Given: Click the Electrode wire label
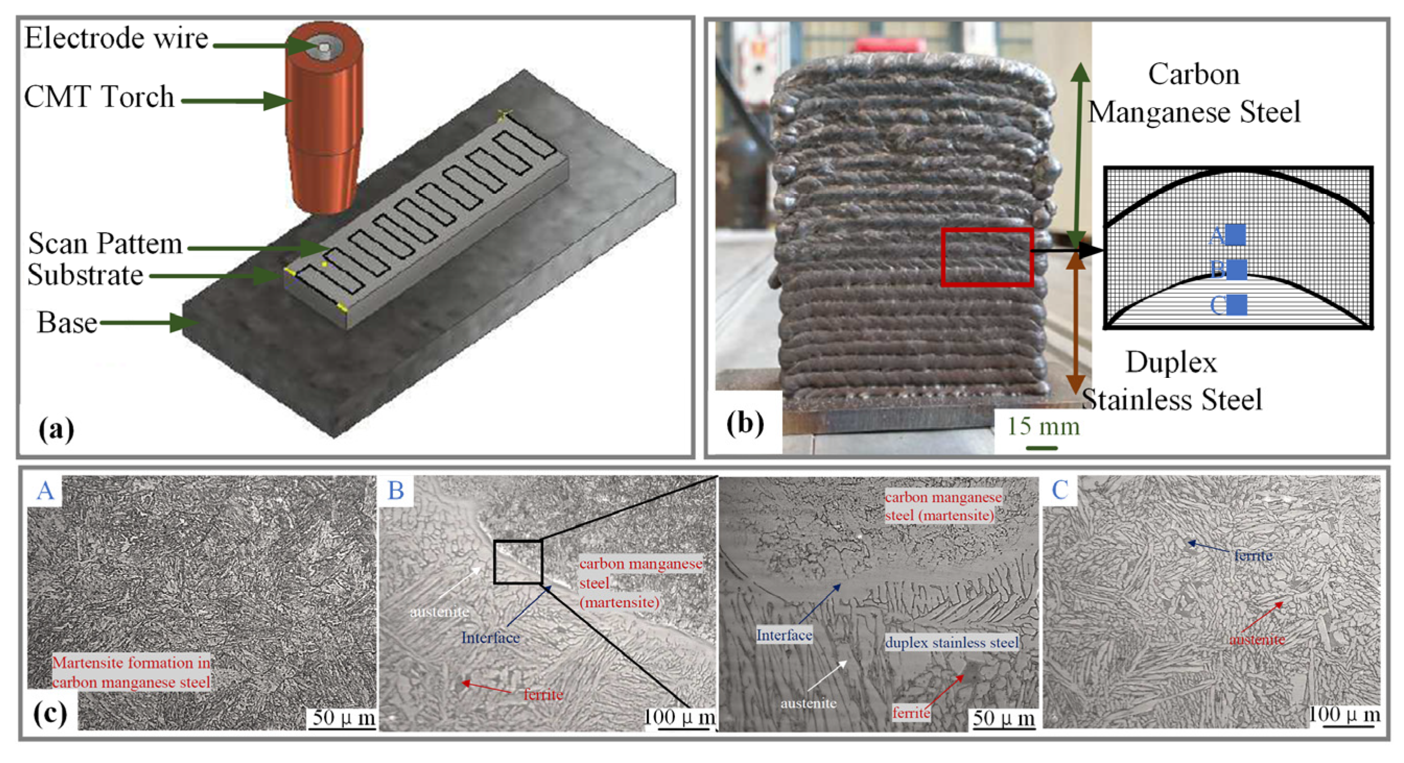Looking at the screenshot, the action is (x=116, y=39).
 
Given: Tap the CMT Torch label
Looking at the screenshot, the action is (x=99, y=97).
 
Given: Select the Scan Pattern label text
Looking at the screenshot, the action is (x=105, y=244).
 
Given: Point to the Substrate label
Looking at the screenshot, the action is (x=86, y=275).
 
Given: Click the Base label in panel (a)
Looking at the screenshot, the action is (x=67, y=323).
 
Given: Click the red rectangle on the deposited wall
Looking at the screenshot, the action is (x=987, y=257).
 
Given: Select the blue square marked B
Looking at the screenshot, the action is (x=1236, y=270).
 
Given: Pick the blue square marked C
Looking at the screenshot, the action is (x=1236, y=305).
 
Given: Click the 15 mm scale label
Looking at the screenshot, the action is (x=1043, y=427).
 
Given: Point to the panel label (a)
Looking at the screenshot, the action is (x=56, y=429).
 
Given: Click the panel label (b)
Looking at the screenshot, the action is (x=745, y=423).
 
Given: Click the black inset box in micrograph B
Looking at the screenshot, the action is (x=518, y=562).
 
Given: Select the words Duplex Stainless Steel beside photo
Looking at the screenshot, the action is (x=1172, y=380).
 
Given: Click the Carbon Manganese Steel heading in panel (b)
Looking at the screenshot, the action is (x=1194, y=93).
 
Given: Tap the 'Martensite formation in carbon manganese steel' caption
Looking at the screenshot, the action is (x=132, y=673).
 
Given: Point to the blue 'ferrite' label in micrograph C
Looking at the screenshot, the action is (x=1253, y=555).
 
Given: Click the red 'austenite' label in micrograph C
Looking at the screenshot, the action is (x=1257, y=639).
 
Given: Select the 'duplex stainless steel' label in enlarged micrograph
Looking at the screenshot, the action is (x=951, y=642).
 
